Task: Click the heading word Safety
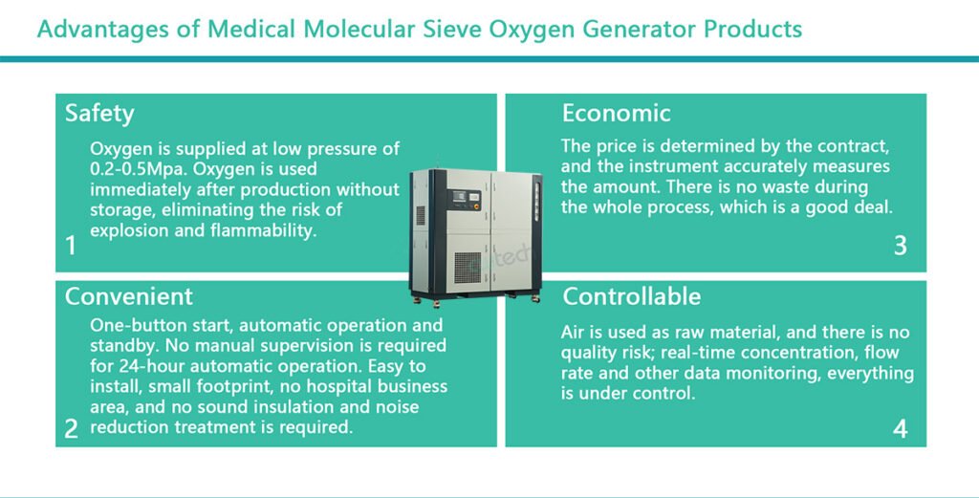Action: coord(99,114)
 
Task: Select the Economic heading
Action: coord(617,113)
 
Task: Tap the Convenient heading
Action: coord(129,296)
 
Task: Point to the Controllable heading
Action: coord(631,296)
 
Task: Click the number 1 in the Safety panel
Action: coord(71,246)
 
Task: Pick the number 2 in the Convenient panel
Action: coord(71,429)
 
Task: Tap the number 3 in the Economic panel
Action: coord(900,246)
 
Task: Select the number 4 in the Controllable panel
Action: coord(900,429)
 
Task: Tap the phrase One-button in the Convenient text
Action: coord(130,325)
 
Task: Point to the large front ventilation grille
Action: coord(467,267)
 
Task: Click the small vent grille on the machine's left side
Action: coord(421,215)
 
